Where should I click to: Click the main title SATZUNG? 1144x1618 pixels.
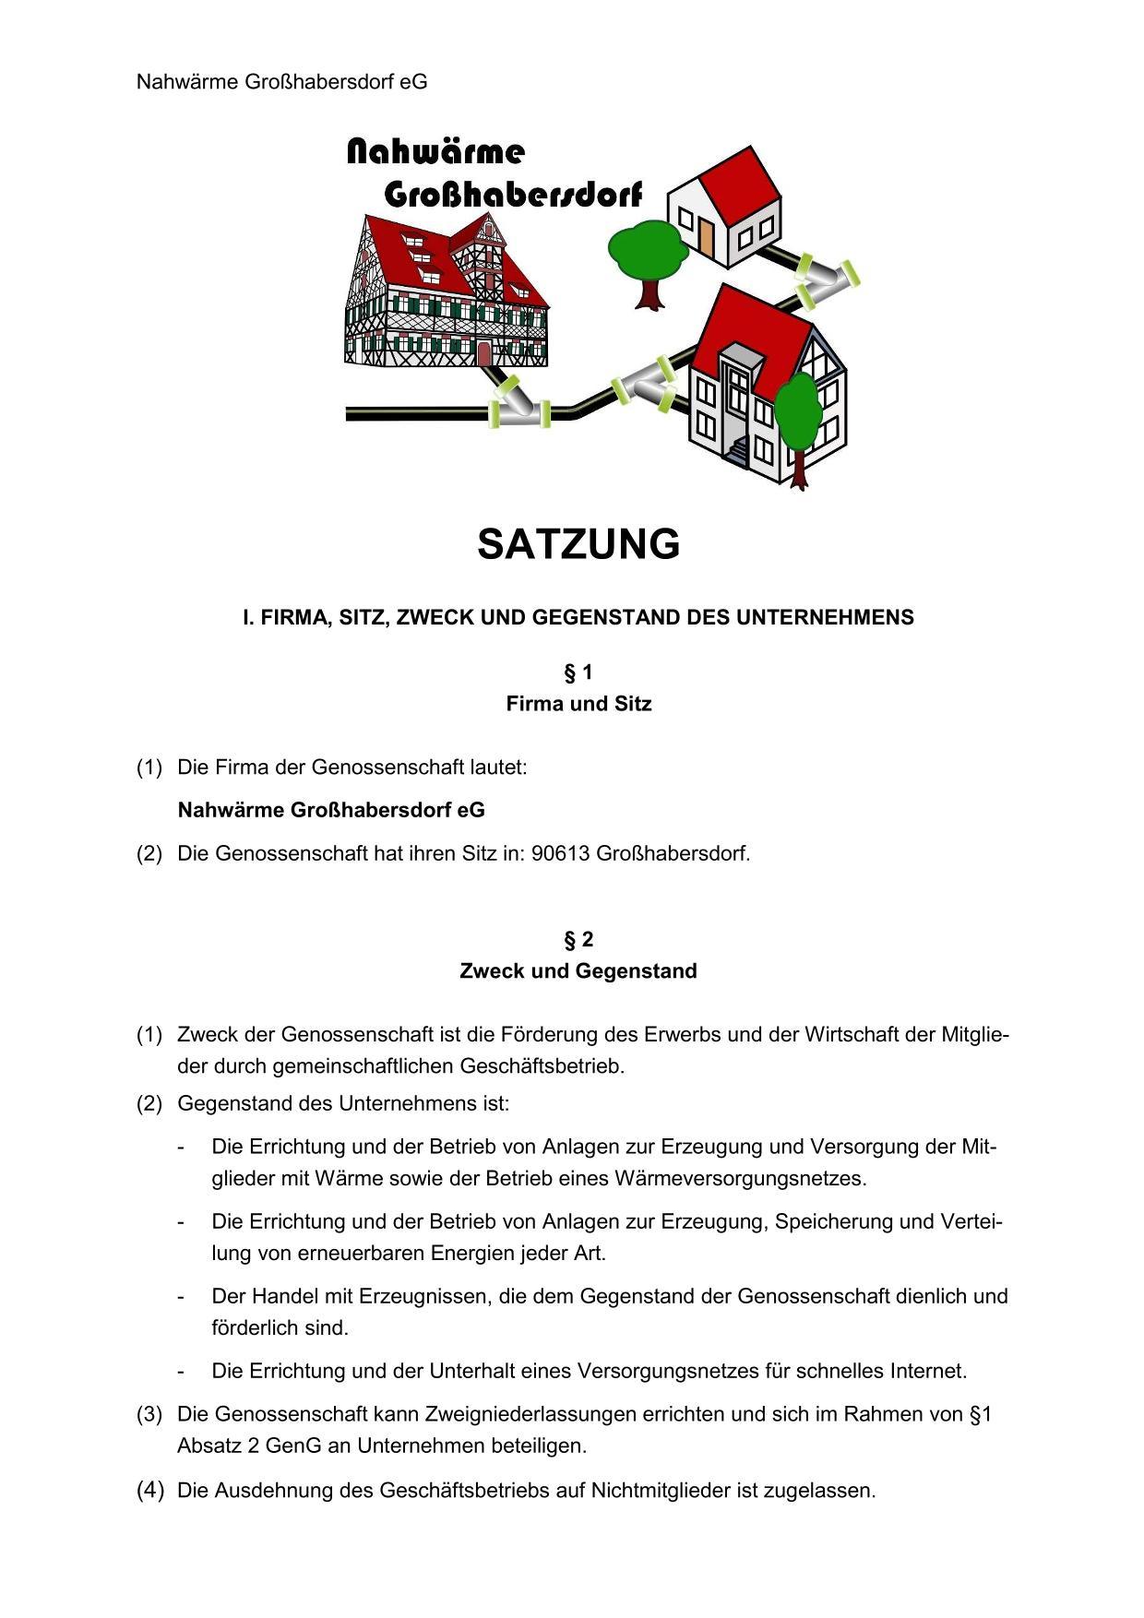coord(578,544)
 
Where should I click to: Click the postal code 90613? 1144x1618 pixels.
coord(560,853)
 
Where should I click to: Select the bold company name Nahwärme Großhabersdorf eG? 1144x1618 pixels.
coord(330,810)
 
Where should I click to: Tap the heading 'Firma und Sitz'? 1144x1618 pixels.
coord(578,704)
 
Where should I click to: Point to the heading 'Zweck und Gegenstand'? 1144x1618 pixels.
coord(578,971)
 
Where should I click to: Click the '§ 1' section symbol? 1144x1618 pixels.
coord(578,672)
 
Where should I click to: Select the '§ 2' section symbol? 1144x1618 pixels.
coord(578,940)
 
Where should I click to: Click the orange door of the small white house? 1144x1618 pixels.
coord(707,237)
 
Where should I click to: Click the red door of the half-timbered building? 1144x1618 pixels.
coord(483,353)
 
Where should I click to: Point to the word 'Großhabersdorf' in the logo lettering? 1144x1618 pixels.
coord(512,195)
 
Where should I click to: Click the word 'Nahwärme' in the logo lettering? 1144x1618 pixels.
coord(435,152)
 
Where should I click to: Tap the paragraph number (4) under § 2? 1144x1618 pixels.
coord(150,1490)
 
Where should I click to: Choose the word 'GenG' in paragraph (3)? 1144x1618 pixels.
coord(293,1445)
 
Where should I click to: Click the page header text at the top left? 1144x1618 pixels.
coord(281,82)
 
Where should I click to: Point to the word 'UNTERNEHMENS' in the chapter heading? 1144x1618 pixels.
coord(828,618)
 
